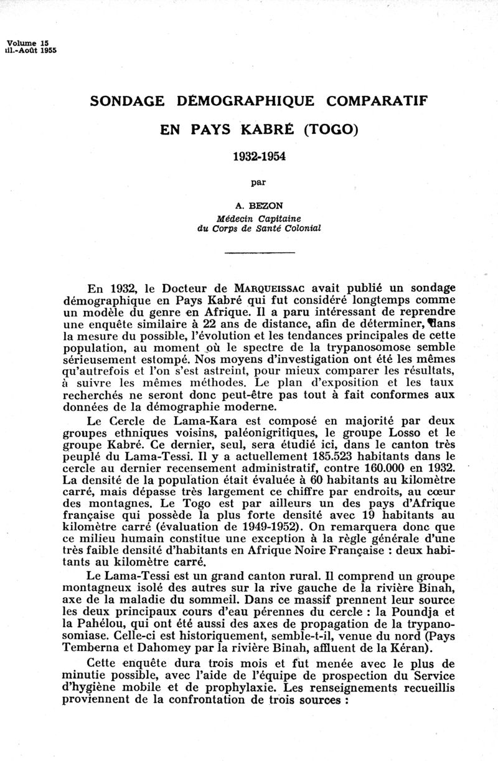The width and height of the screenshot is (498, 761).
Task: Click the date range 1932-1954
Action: [258, 156]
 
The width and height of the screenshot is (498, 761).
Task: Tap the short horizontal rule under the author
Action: [258, 252]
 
